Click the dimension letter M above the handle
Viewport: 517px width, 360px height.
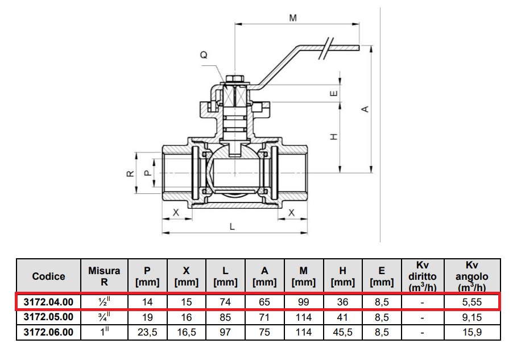(293, 18)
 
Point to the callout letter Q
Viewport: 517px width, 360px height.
(203, 55)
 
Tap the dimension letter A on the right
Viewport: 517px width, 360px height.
(366, 108)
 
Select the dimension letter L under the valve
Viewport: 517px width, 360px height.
(232, 226)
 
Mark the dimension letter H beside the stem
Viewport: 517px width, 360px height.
(334, 136)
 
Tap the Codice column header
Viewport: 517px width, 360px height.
(48, 276)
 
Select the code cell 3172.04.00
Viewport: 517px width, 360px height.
(48, 302)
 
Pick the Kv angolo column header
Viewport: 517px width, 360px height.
(472, 276)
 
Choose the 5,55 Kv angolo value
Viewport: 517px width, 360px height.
(472, 302)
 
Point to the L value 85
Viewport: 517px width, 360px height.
(225, 317)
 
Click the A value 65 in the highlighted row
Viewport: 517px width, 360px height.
(264, 302)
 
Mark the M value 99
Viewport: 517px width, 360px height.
(304, 302)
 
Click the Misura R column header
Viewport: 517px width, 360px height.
(104, 276)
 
